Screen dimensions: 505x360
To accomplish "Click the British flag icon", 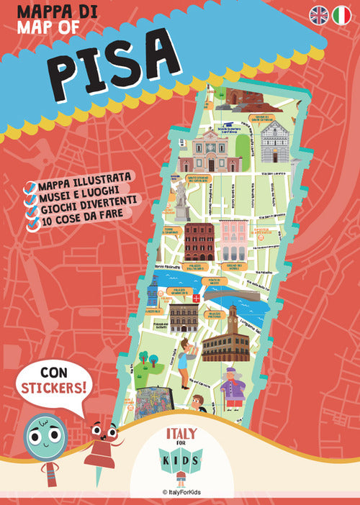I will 319,14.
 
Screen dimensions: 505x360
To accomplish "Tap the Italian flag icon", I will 341,14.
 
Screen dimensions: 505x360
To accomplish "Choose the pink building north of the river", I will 234,242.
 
